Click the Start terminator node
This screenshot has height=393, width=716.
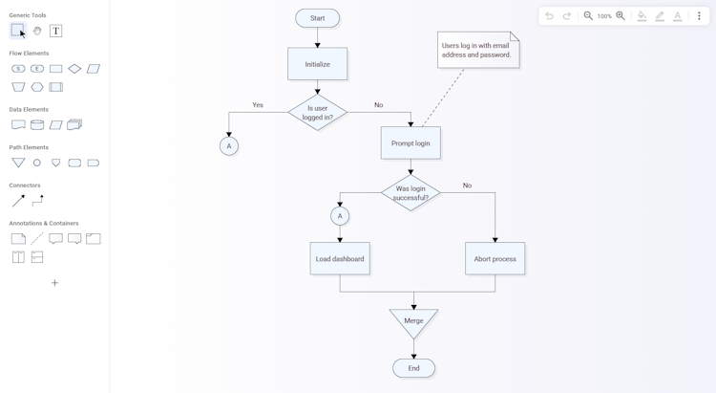click(317, 18)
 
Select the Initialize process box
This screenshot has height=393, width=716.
click(317, 64)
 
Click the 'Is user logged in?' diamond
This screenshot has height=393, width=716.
click(317, 113)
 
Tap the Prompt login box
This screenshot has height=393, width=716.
click(411, 143)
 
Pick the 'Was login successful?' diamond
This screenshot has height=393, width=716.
click(411, 192)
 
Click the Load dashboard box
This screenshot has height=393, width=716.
click(340, 258)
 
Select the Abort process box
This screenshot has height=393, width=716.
click(495, 258)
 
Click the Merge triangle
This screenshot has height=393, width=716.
click(413, 321)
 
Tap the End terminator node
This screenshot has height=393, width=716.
click(413, 368)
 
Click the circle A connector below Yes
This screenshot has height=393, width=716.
click(229, 146)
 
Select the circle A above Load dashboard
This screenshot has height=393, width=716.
click(340, 216)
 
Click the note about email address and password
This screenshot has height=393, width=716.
click(478, 50)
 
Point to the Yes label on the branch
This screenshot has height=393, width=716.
click(258, 105)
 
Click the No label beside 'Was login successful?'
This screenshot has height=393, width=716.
click(467, 186)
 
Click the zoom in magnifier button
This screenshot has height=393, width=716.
click(621, 16)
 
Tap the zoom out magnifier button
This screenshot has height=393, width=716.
click(588, 16)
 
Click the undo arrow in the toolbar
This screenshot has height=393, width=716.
click(549, 16)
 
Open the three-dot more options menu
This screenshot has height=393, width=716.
click(699, 16)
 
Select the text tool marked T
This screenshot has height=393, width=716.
click(55, 31)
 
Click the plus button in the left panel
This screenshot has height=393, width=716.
click(54, 283)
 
